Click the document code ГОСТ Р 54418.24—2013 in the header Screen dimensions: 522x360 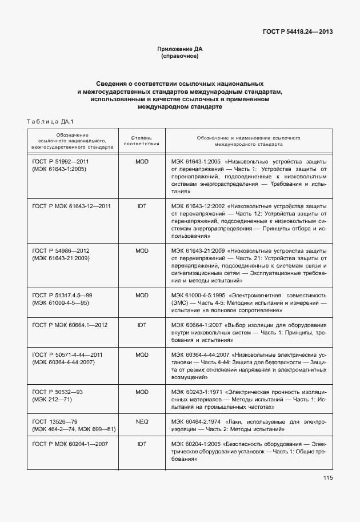[x=298, y=31]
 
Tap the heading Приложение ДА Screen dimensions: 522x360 [x=179, y=49]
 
